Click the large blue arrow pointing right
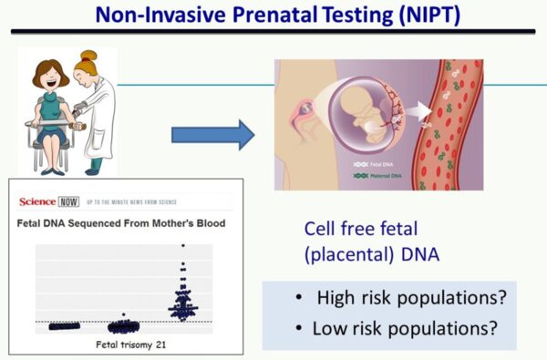(x=212, y=135)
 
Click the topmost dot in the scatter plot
(x=182, y=245)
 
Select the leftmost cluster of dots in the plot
(x=64, y=325)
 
